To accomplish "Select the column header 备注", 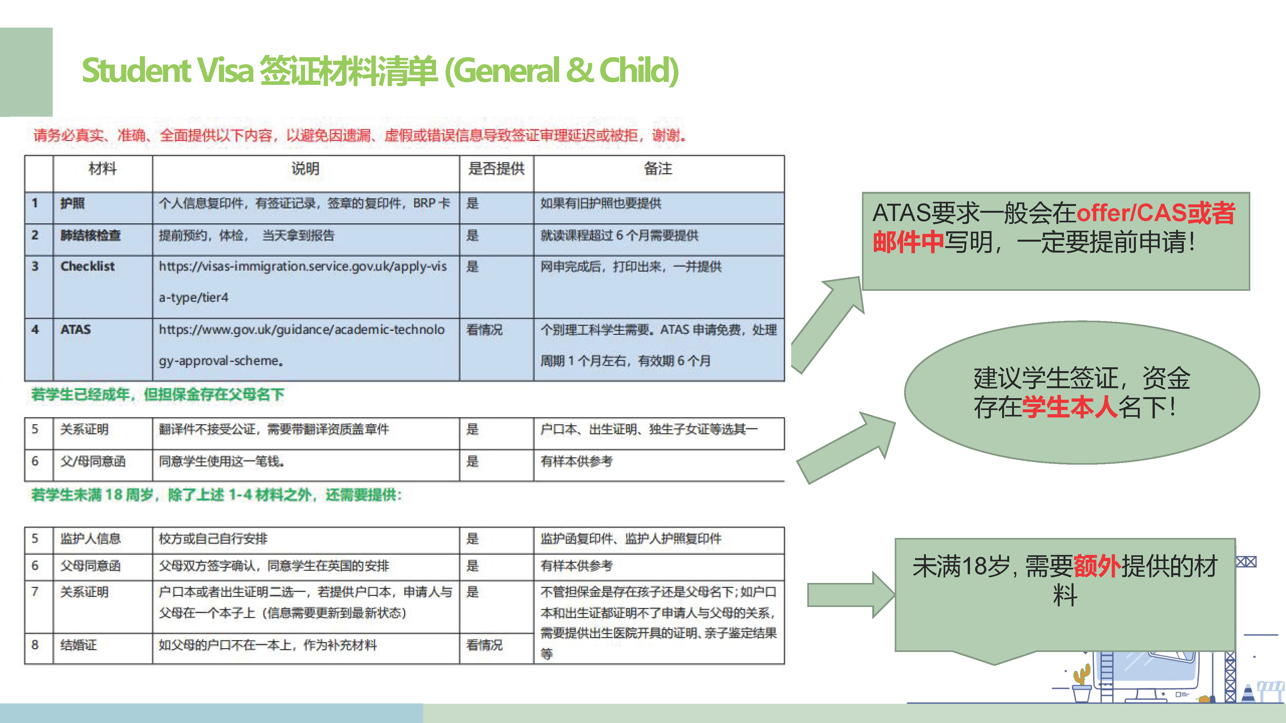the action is click(658, 169).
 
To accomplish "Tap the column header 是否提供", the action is click(496, 169).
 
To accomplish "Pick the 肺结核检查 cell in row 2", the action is click(90, 236).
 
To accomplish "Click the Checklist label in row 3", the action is click(87, 266).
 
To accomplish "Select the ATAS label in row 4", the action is click(75, 330).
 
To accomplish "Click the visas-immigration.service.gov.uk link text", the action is click(303, 282).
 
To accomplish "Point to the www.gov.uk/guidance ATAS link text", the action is click(302, 345).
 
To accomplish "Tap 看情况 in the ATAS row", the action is click(484, 330).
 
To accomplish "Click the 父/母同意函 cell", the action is click(93, 461).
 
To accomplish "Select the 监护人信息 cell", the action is click(90, 539).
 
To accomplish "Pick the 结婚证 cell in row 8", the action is click(78, 645).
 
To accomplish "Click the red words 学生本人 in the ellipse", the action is click(1070, 407).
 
